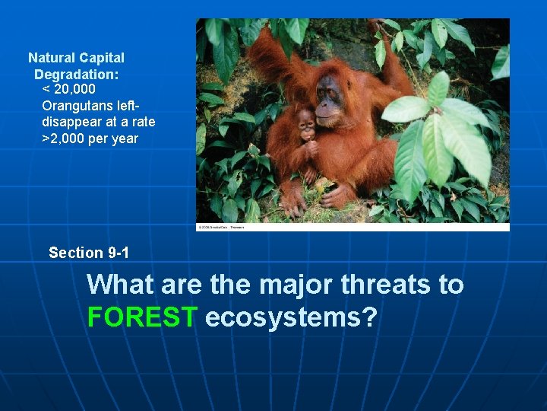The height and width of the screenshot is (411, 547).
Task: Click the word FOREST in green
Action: tap(142, 317)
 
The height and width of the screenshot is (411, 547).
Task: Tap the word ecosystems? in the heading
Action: tap(291, 317)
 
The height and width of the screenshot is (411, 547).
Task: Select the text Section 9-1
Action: tap(86, 253)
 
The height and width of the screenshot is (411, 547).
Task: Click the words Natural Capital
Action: tap(76, 58)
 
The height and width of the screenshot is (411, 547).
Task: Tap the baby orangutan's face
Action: tap(306, 123)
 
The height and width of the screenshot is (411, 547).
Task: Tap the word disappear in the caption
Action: tap(71, 122)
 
